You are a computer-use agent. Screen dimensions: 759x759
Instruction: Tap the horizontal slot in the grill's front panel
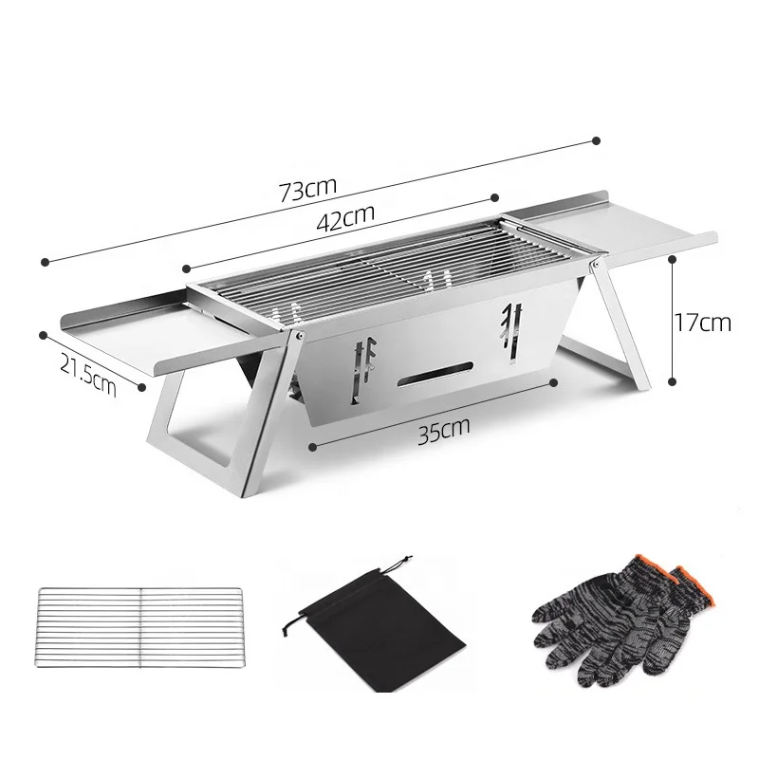click(437, 375)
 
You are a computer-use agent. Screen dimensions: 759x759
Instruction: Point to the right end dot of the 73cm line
click(596, 140)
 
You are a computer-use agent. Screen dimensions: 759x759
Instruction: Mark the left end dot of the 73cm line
click(44, 258)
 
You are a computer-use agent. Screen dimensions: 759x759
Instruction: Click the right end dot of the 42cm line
click(494, 197)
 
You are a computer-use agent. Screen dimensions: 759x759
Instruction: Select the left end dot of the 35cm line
click(311, 442)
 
